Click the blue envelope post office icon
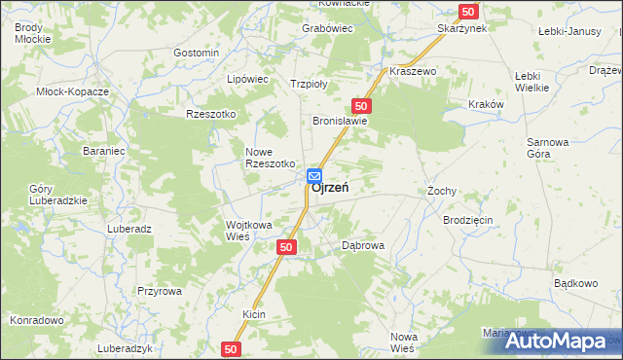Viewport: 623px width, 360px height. coord(315,176)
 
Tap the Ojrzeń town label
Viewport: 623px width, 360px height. coord(331,189)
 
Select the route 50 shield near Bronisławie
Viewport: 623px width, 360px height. coord(361,105)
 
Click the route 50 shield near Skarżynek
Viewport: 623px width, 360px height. coord(469,11)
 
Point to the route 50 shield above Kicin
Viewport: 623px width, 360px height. coord(286,248)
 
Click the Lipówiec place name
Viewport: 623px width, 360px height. coord(246,78)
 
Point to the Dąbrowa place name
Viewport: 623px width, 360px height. coord(363,246)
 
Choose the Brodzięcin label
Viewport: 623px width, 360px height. coord(468,221)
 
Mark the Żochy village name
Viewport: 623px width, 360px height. coord(441,191)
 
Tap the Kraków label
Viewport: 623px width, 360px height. coord(485,104)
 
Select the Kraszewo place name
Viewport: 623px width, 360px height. coord(413,72)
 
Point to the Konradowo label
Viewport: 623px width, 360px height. coord(36,320)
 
